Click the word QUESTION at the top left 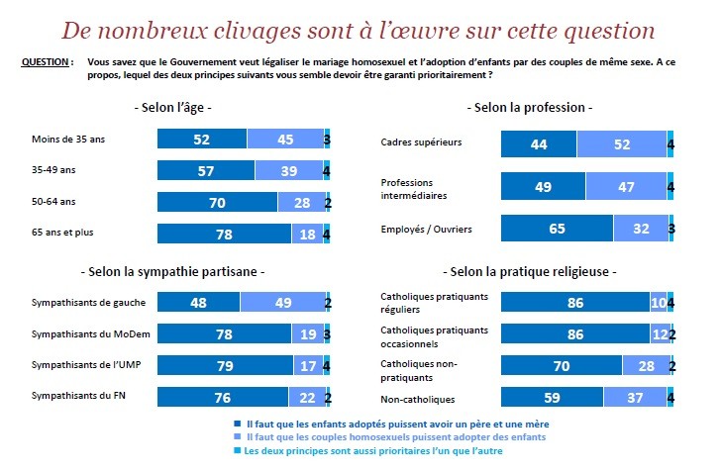point(46,62)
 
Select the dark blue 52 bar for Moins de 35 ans point(202,139)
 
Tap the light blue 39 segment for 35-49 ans point(289,170)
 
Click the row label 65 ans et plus point(62,233)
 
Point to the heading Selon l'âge point(173,108)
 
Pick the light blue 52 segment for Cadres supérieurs point(622,144)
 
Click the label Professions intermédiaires point(413,189)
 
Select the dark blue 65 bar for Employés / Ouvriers point(557,229)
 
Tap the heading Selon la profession point(530,108)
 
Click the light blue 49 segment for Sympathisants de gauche point(283,303)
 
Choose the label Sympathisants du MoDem point(90,334)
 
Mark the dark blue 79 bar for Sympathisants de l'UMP point(226,365)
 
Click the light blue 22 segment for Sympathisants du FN point(307,397)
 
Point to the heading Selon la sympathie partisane point(173,271)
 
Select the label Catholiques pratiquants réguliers point(434,303)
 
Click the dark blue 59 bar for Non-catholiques point(552,397)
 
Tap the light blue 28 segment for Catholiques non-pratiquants point(646,365)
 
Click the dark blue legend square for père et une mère point(238,424)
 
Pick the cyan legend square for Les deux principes point(238,450)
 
